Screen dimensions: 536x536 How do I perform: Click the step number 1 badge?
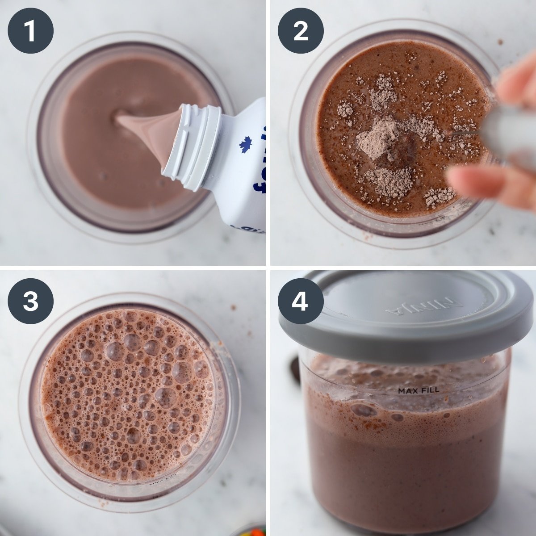(30, 31)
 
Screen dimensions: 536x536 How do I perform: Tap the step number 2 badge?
(301, 31)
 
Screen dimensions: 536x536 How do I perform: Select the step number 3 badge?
(30, 301)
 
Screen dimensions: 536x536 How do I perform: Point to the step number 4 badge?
(301, 301)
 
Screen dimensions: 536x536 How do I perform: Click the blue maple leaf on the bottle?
(245, 145)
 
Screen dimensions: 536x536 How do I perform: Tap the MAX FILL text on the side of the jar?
(419, 390)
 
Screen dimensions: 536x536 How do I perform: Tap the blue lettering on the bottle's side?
(259, 179)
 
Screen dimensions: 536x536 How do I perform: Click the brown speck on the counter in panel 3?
(233, 307)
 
